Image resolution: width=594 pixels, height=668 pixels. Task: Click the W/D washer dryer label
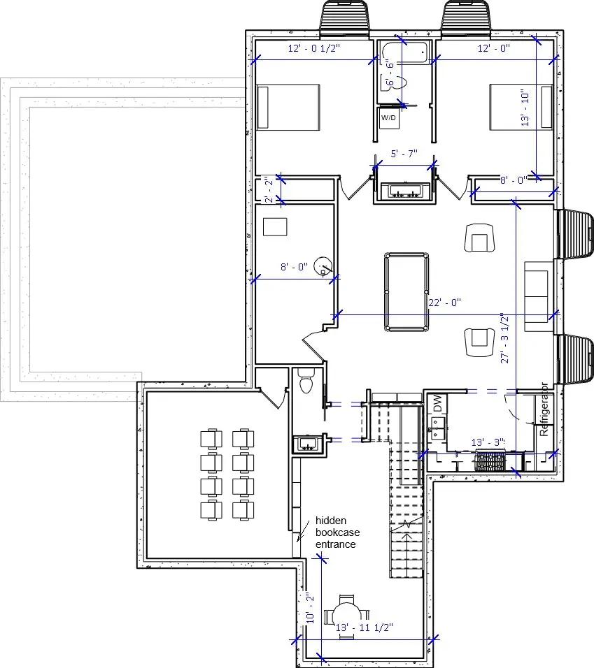[x=388, y=118]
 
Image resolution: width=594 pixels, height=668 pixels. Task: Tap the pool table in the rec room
[x=406, y=292]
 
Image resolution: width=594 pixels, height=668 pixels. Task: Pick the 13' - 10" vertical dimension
[x=526, y=107]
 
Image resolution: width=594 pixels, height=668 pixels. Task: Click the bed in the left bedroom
[x=288, y=107]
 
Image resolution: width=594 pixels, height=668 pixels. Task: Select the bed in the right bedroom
[x=520, y=107]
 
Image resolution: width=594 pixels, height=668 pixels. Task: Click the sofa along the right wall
[x=537, y=293]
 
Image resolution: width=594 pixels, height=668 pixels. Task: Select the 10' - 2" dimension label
[x=311, y=608]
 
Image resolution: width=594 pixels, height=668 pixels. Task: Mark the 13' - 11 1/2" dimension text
[x=365, y=628]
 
